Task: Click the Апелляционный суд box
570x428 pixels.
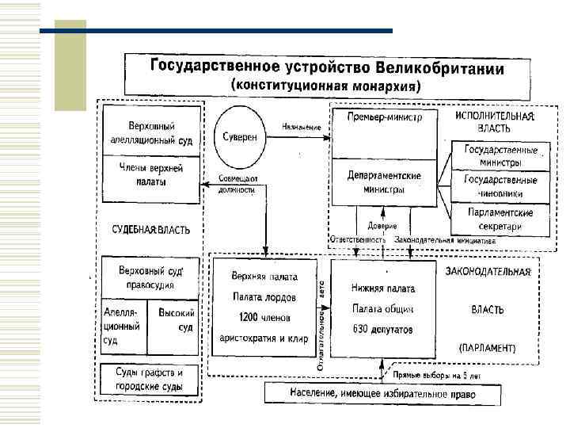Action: pyautogui.click(x=123, y=325)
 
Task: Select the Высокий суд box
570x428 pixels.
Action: pyautogui.click(x=174, y=320)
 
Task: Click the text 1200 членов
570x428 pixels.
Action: pyautogui.click(x=264, y=318)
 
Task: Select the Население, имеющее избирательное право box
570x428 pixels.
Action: pyautogui.click(x=382, y=392)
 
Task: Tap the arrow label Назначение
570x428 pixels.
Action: pyautogui.click(x=302, y=128)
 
